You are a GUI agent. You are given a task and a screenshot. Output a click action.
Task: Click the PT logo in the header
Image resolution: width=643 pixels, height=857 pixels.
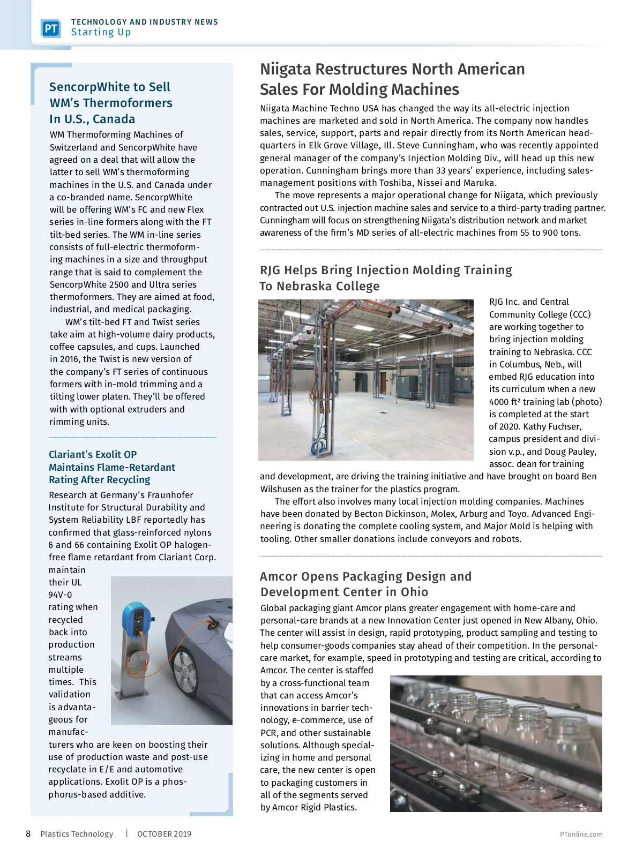(51, 28)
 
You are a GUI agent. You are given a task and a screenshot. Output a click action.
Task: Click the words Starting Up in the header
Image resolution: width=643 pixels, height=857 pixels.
(101, 32)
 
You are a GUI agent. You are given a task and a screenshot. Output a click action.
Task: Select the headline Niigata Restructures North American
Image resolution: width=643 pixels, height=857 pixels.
(392, 69)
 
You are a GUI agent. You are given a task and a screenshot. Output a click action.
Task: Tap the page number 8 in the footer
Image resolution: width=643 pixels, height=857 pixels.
(28, 833)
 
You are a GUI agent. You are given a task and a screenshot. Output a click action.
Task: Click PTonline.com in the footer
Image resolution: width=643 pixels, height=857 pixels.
(581, 834)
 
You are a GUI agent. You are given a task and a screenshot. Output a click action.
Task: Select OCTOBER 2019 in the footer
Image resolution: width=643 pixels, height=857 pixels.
(164, 834)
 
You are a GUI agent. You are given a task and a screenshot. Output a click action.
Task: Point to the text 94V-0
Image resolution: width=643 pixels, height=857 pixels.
(60, 595)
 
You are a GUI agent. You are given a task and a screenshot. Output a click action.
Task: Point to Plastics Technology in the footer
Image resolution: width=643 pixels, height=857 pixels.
(77, 834)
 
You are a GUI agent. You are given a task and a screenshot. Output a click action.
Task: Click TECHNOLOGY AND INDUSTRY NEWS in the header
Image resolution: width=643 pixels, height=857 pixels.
(145, 22)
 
